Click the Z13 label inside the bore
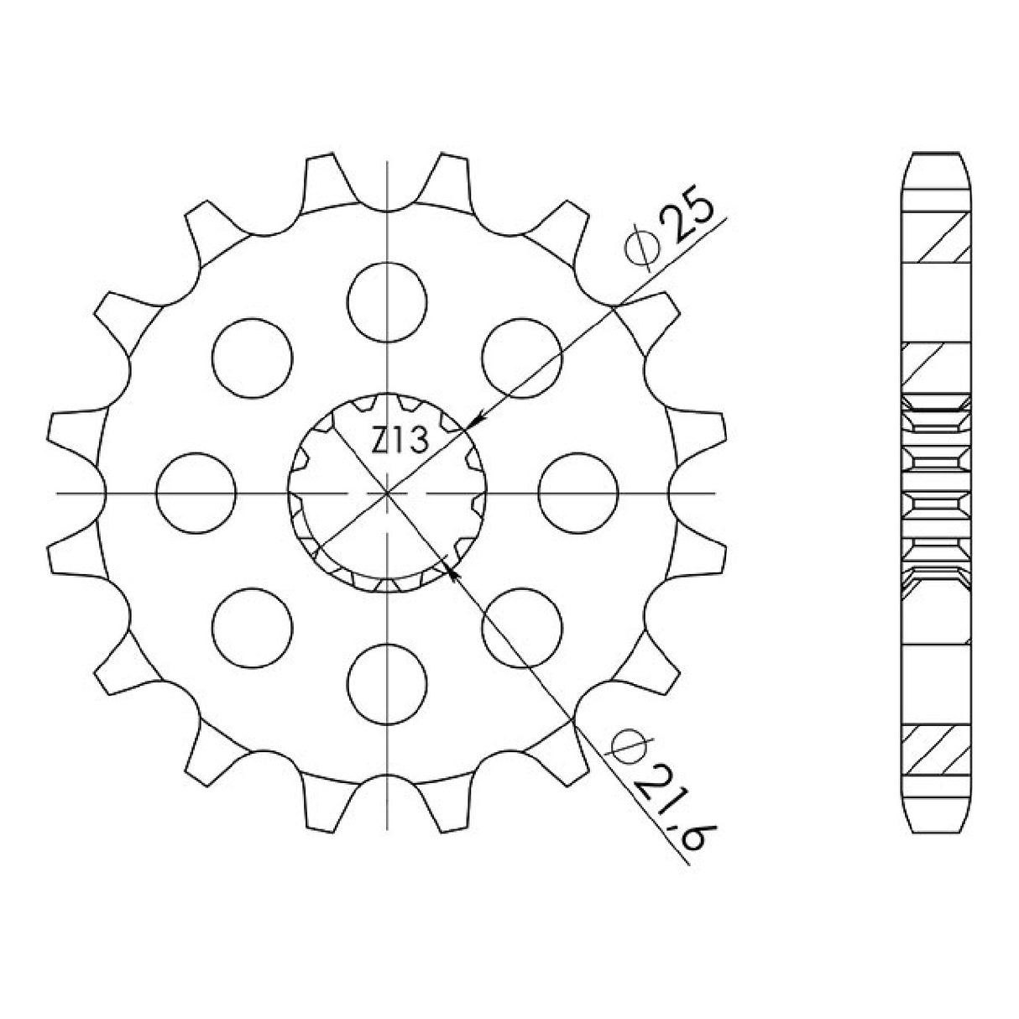coord(400,438)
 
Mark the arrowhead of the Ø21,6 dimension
coord(453,573)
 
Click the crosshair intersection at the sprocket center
coord(387,493)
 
